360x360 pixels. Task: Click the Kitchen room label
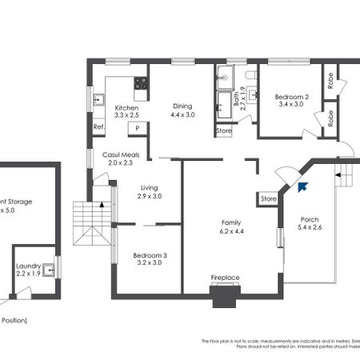click(x=126, y=107)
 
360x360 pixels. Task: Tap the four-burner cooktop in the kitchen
click(x=141, y=82)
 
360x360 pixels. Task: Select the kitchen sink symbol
click(x=100, y=100)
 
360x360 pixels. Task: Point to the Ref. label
click(x=99, y=127)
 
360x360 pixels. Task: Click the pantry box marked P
click(x=138, y=127)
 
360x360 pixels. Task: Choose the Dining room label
click(x=182, y=106)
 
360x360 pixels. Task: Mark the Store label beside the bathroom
click(x=225, y=130)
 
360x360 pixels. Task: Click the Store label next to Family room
click(x=268, y=198)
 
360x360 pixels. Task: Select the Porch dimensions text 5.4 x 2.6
click(x=309, y=227)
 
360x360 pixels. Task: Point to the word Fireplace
click(x=226, y=278)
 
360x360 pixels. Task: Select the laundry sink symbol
click(x=50, y=270)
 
